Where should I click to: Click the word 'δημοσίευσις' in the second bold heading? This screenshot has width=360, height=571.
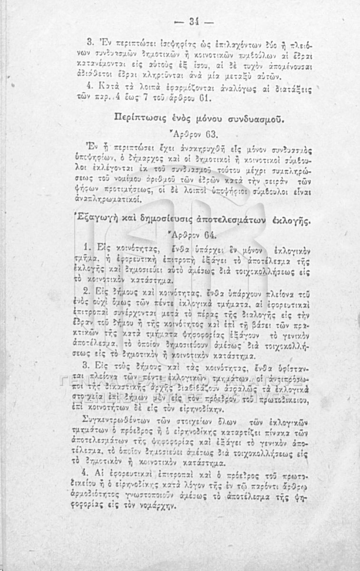pyautogui.click(x=173, y=221)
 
